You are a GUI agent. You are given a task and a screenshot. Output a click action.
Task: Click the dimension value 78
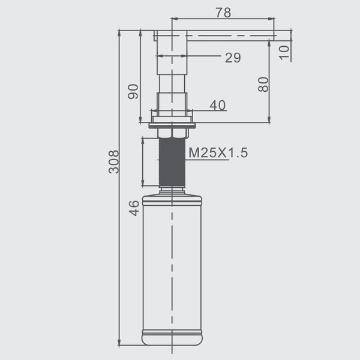(223, 13)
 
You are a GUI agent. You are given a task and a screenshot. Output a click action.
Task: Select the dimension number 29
(233, 58)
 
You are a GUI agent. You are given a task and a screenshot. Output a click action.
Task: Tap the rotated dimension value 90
(133, 92)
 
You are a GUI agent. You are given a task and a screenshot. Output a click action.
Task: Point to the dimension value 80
(263, 85)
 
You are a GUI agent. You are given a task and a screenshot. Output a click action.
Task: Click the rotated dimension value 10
(284, 53)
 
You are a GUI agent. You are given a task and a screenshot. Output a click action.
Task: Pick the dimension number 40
(217, 106)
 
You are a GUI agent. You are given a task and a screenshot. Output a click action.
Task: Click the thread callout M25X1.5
(218, 152)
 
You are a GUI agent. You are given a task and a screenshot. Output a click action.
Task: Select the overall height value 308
(114, 161)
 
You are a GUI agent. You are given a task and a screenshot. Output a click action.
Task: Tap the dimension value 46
(134, 208)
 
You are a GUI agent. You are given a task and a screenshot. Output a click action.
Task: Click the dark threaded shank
(172, 163)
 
